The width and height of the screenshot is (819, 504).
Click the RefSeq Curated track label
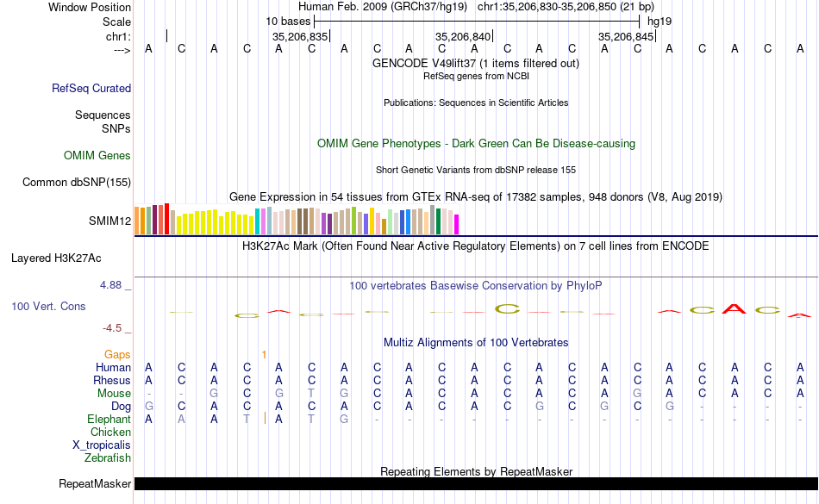91,88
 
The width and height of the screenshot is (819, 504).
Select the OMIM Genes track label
97,156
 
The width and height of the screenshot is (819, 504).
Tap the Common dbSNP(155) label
77,182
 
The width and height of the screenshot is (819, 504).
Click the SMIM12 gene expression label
109,221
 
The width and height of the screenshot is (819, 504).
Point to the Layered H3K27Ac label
68,258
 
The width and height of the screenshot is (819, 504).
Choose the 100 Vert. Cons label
48,306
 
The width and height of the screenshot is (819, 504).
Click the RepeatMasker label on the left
95,484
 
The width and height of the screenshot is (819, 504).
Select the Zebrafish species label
108,458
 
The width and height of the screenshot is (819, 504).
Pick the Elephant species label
109,420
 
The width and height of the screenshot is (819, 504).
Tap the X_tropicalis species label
102,445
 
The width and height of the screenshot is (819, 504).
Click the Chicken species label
111,432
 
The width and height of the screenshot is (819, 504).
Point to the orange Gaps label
117,354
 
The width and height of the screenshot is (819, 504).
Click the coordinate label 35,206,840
463,36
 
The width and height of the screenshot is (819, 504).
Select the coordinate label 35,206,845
627,36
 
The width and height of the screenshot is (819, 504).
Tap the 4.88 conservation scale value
115,285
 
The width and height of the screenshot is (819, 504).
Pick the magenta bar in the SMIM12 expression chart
457,223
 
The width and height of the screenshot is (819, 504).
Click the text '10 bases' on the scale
288,21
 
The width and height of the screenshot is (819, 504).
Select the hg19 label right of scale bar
660,21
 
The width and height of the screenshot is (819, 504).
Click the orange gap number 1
264,354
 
